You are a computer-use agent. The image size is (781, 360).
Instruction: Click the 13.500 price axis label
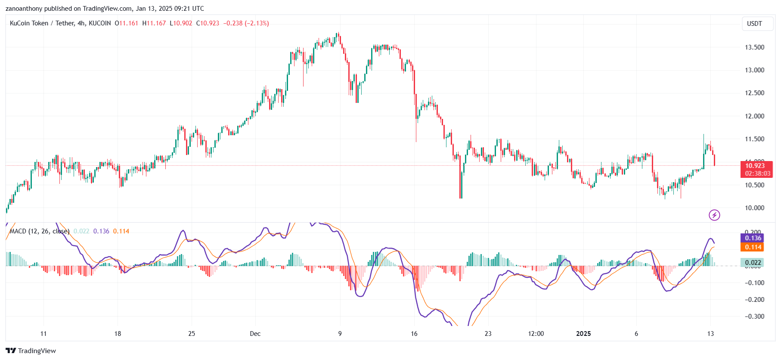tap(754, 47)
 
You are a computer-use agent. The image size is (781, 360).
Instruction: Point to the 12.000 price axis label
tap(754, 116)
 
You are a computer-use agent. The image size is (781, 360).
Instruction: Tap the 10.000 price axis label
tap(754, 208)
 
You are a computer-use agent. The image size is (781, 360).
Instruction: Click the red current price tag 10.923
tap(756, 166)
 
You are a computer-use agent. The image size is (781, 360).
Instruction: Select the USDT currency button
tap(754, 24)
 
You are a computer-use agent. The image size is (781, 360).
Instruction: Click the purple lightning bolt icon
tap(714, 215)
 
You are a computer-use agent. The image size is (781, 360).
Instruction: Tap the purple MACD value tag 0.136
tap(753, 238)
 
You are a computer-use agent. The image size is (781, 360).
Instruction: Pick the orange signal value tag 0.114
tap(753, 247)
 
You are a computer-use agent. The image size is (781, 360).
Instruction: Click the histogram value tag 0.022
tap(753, 263)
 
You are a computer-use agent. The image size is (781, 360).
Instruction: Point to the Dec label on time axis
tap(255, 334)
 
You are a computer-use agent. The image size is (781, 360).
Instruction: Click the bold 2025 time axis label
tap(583, 334)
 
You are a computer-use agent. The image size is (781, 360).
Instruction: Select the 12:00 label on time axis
tap(536, 334)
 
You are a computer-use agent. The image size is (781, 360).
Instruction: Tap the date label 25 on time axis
tap(192, 334)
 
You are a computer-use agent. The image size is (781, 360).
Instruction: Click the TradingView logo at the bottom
tap(31, 351)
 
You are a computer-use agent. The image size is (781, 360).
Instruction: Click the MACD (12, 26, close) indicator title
tap(39, 231)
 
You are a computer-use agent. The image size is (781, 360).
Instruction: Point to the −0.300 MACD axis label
tap(754, 317)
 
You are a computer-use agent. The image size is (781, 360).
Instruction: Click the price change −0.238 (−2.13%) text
tap(246, 23)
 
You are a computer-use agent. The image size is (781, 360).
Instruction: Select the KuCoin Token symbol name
tap(29, 23)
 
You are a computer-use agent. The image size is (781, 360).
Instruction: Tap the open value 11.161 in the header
tap(129, 23)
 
